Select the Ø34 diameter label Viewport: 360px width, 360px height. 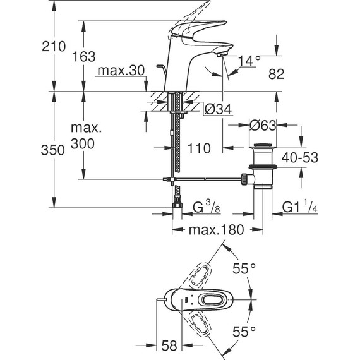tap(218, 109)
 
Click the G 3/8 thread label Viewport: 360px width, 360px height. tap(205, 207)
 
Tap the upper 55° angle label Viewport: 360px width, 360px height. tap(243, 269)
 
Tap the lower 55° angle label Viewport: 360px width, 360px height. tap(243, 330)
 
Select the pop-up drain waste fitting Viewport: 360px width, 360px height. tap(261, 167)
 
